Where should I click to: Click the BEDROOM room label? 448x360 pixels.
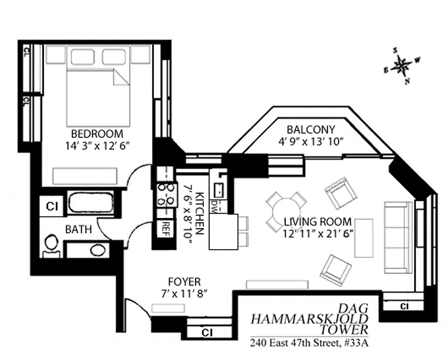point(97,134)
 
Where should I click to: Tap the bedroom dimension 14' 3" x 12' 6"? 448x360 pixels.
point(98,146)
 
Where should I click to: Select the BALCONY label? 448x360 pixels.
point(311,130)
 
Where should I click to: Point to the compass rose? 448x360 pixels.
point(402,66)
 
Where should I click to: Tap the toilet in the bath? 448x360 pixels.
point(51,246)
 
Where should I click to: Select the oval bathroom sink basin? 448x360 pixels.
point(98,250)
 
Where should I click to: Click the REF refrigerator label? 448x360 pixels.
point(165,229)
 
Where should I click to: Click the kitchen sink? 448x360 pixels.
point(219,190)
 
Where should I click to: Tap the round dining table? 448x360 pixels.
point(286,212)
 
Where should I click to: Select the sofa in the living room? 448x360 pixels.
point(398,237)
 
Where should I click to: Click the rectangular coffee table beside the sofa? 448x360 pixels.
point(364,238)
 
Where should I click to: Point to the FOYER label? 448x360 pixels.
point(184,282)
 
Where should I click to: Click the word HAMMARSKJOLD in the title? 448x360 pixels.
point(310,319)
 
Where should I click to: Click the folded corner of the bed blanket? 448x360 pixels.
point(121,77)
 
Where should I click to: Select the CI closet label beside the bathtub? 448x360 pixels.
point(52,207)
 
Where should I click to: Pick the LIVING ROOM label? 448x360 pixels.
point(318,222)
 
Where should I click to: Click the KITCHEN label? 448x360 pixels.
point(199,213)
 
